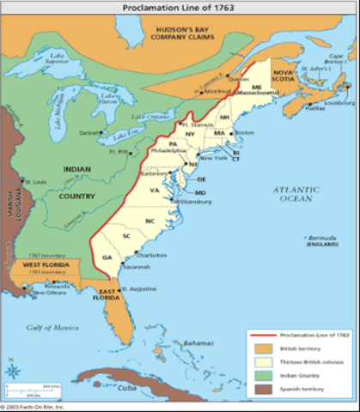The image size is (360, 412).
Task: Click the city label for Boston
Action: (245, 132)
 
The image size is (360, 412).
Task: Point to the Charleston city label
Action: (149, 254)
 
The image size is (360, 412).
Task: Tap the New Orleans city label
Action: (50, 294)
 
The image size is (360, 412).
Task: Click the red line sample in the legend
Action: (261, 333)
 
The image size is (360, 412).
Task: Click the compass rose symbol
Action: (14, 371)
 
